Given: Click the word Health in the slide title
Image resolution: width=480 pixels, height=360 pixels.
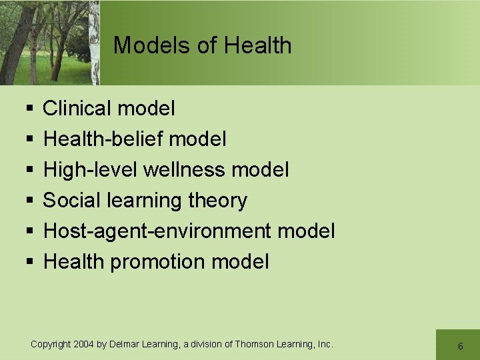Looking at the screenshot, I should [x=258, y=45].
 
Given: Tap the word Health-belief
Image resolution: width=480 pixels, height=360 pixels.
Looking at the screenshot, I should [x=103, y=139].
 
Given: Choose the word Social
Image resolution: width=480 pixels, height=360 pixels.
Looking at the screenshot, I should [x=71, y=200].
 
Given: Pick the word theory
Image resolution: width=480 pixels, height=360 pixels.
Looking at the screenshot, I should [x=217, y=200].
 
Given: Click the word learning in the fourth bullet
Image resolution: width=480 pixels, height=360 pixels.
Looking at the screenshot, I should [x=143, y=200].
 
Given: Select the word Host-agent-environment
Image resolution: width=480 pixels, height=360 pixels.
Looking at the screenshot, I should [x=157, y=231].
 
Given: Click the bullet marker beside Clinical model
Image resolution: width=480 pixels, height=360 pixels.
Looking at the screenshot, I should [x=29, y=109].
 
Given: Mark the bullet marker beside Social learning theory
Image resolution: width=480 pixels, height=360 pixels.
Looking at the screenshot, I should [x=29, y=201].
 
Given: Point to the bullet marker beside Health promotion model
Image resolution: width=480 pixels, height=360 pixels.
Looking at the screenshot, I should [x=29, y=262].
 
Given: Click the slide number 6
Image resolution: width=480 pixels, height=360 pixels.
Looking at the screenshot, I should [x=460, y=346].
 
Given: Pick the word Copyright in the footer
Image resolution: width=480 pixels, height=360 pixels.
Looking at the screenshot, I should [x=51, y=344].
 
